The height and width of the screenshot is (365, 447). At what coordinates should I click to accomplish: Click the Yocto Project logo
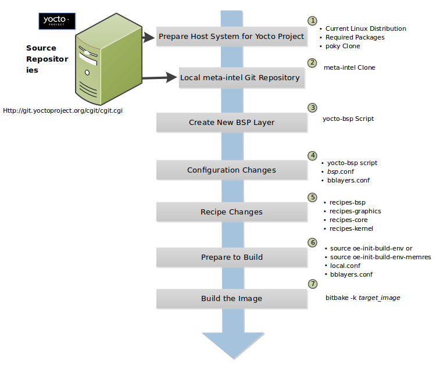point(56,21)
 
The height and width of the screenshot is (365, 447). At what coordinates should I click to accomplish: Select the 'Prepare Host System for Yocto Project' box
point(231,36)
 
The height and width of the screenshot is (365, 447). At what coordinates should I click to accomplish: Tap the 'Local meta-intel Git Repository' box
point(239,77)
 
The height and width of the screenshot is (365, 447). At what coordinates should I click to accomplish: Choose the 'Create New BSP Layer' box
point(231,122)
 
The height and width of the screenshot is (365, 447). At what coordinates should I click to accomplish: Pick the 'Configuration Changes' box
point(231,170)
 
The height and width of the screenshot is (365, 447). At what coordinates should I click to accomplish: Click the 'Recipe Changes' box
point(231,212)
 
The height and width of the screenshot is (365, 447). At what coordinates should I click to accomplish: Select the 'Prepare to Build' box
point(231,257)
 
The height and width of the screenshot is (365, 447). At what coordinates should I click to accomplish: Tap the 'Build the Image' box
point(231,298)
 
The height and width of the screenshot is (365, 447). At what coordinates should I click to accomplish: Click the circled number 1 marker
point(313,20)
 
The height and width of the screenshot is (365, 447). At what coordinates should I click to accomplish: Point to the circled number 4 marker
point(313,155)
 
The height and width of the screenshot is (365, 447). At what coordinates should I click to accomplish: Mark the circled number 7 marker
point(313,284)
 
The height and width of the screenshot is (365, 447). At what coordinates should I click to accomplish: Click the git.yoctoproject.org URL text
point(66,110)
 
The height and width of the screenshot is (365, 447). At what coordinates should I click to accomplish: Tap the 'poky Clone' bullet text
point(342,46)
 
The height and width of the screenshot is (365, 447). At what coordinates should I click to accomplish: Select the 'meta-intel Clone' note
point(349,67)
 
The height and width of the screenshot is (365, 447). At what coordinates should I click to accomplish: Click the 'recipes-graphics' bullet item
point(355,211)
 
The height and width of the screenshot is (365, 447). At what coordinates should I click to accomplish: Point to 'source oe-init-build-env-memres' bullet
point(380,257)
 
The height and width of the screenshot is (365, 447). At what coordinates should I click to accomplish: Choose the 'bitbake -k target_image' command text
point(363,298)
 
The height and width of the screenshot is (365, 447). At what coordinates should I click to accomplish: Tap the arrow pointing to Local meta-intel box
point(160,77)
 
